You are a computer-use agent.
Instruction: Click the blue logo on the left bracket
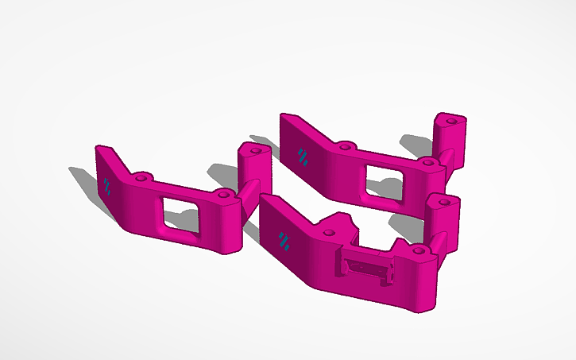pos(107,187)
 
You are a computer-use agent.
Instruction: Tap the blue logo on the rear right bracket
pos(303,156)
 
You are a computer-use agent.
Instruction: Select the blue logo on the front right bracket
pos(284,239)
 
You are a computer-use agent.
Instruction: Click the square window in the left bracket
pos(180,215)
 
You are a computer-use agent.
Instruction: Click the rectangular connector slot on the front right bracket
pos(366,266)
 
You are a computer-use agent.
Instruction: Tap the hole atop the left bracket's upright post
pos(256,149)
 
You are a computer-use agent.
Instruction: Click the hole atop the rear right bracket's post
pos(451,121)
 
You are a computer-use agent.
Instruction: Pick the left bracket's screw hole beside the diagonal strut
pos(225,193)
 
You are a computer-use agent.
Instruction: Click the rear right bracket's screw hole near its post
pos(429,162)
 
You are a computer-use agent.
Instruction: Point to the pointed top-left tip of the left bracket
pos(99,148)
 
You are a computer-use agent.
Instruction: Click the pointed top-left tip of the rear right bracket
pos(283,116)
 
